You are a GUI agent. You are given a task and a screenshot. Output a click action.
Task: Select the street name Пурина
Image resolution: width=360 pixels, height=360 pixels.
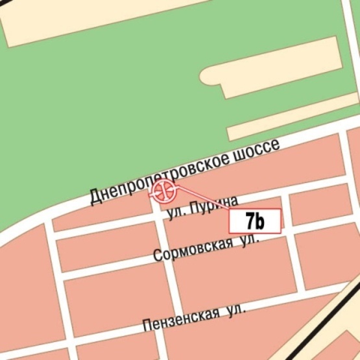tap(215, 204)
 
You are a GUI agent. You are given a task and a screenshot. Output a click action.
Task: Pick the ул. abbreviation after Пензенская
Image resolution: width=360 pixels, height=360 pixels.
tap(235, 311)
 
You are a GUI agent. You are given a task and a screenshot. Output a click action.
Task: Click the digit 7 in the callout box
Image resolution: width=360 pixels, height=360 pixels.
tap(250, 221)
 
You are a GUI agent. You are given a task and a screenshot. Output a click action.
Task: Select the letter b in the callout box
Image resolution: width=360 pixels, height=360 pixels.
tap(259, 221)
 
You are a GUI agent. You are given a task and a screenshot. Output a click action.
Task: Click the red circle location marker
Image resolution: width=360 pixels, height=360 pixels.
tap(163, 191)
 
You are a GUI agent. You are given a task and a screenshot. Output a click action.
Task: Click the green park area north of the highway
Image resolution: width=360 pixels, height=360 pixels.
tap(97, 117)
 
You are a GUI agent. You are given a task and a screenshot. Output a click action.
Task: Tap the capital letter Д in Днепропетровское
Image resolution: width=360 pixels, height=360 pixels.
tap(95, 196)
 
